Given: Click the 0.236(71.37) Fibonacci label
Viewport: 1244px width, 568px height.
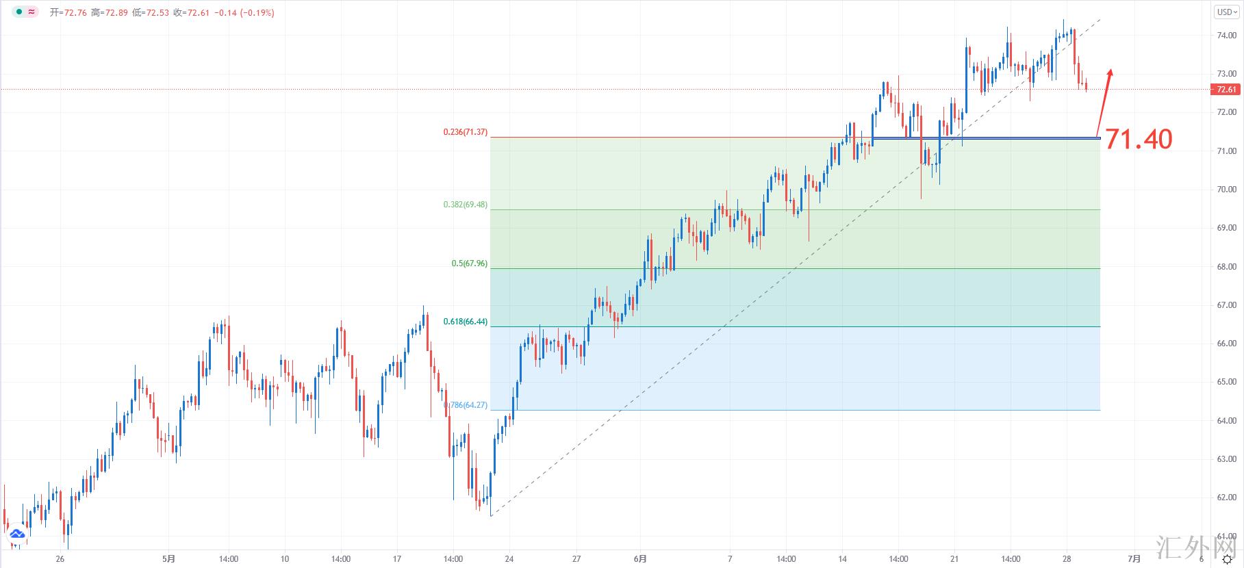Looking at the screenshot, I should [x=465, y=132].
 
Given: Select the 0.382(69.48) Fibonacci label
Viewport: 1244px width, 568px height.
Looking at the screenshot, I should [x=465, y=205].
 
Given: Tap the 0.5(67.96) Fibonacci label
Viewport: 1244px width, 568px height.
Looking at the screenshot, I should [x=469, y=263].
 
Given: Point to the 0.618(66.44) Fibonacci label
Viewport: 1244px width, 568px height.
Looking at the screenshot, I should [x=465, y=322].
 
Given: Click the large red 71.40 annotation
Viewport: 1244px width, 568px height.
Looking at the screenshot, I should [x=1139, y=140].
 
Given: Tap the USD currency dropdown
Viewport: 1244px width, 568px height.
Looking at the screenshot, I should [x=1226, y=12].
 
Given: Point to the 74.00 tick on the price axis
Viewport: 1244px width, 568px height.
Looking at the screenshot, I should [x=1227, y=35].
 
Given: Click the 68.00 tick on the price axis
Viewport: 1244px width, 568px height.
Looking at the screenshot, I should [x=1227, y=267].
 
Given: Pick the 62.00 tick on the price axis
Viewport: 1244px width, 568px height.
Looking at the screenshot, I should [x=1227, y=498].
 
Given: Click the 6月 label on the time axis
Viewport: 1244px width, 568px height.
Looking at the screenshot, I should [x=639, y=559].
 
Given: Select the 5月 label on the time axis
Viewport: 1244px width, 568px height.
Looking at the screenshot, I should [x=169, y=559].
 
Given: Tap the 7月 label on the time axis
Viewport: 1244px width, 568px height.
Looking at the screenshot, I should [x=1134, y=559].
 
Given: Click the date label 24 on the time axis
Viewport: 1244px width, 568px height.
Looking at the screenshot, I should [x=509, y=559].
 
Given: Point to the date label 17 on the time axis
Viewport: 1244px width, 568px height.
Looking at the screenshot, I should [x=397, y=559].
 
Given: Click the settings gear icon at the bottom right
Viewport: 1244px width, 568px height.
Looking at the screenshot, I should [x=1227, y=560].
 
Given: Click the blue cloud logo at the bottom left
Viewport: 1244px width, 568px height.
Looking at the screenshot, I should [x=16, y=534].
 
